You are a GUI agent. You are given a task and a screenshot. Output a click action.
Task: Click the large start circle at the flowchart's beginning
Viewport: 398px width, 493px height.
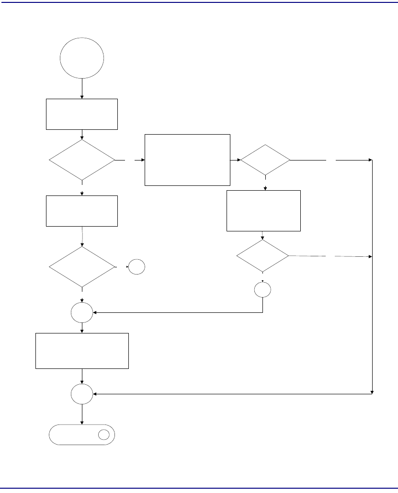[82, 58]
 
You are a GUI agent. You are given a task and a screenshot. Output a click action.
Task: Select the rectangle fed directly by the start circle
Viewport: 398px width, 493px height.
[82, 114]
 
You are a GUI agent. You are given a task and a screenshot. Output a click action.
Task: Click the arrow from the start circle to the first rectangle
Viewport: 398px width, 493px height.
[82, 89]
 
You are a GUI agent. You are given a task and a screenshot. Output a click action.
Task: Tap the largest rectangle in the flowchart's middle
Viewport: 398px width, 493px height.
[187, 160]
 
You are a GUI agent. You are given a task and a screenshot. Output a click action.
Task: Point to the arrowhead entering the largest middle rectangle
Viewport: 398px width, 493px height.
[143, 160]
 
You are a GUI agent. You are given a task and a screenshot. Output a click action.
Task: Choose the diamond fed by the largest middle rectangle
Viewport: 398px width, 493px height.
[265, 160]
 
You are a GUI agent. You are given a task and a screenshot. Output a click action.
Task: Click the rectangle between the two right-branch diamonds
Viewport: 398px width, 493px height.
[263, 211]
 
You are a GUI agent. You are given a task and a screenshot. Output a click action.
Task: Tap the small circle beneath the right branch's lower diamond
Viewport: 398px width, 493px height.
[263, 290]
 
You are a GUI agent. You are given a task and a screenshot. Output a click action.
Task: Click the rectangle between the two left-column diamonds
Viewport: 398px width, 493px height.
[82, 211]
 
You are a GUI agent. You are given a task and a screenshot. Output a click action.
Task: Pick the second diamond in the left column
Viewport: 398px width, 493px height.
[82, 267]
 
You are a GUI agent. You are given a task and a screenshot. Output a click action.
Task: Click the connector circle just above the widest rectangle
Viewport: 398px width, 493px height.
[82, 313]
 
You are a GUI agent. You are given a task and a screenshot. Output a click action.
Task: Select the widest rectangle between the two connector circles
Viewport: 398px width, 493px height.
[82, 351]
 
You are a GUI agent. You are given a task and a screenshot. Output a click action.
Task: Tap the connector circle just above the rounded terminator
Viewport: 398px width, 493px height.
[82, 394]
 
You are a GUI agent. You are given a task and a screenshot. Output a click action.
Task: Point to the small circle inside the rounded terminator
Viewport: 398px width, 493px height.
[104, 435]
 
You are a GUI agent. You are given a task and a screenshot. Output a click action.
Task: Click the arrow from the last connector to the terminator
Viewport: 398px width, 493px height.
[82, 414]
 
